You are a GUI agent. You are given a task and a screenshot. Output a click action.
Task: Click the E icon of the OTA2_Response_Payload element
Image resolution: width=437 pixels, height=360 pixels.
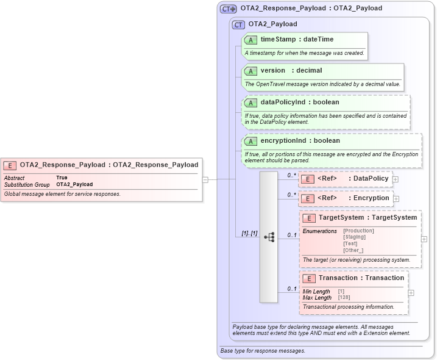pyautogui.click(x=10, y=165)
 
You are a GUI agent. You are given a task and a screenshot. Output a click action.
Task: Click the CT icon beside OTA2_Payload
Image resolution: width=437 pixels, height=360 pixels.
pyautogui.click(x=239, y=24)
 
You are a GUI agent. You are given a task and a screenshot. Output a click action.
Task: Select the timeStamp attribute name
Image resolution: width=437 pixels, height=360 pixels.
pyautogui.click(x=278, y=40)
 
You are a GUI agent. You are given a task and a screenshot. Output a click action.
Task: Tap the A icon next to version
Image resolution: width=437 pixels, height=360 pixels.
pyautogui.click(x=250, y=71)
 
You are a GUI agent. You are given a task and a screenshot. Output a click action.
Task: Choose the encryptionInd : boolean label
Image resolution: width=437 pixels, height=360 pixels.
pyautogui.click(x=300, y=141)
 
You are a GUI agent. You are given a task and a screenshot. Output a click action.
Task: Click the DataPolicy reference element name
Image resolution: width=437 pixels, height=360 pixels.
pyautogui.click(x=371, y=179)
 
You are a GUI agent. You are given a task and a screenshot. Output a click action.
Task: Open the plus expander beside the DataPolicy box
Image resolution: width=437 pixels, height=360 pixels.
pyautogui.click(x=396, y=179)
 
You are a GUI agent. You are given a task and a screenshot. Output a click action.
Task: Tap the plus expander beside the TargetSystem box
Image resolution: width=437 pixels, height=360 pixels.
pyautogui.click(x=424, y=239)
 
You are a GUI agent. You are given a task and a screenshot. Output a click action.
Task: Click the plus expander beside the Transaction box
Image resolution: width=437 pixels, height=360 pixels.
pyautogui.click(x=411, y=293)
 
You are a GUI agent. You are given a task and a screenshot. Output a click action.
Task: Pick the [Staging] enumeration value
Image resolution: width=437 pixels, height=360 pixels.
pyautogui.click(x=355, y=237)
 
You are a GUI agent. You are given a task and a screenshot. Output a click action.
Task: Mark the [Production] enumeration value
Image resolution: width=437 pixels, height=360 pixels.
pyautogui.click(x=358, y=231)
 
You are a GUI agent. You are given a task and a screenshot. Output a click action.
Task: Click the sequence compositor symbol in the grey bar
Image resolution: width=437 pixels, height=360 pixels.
pyautogui.click(x=269, y=237)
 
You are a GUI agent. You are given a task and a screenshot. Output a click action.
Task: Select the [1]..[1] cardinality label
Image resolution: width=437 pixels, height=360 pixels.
pyautogui.click(x=249, y=234)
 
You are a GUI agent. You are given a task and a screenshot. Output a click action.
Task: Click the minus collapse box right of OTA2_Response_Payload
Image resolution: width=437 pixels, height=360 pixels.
pyautogui.click(x=205, y=179)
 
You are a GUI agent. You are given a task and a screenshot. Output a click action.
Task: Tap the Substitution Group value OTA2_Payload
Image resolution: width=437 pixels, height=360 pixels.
pyautogui.click(x=74, y=184)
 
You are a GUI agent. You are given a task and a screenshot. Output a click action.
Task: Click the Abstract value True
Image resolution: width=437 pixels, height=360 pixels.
pyautogui.click(x=62, y=178)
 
